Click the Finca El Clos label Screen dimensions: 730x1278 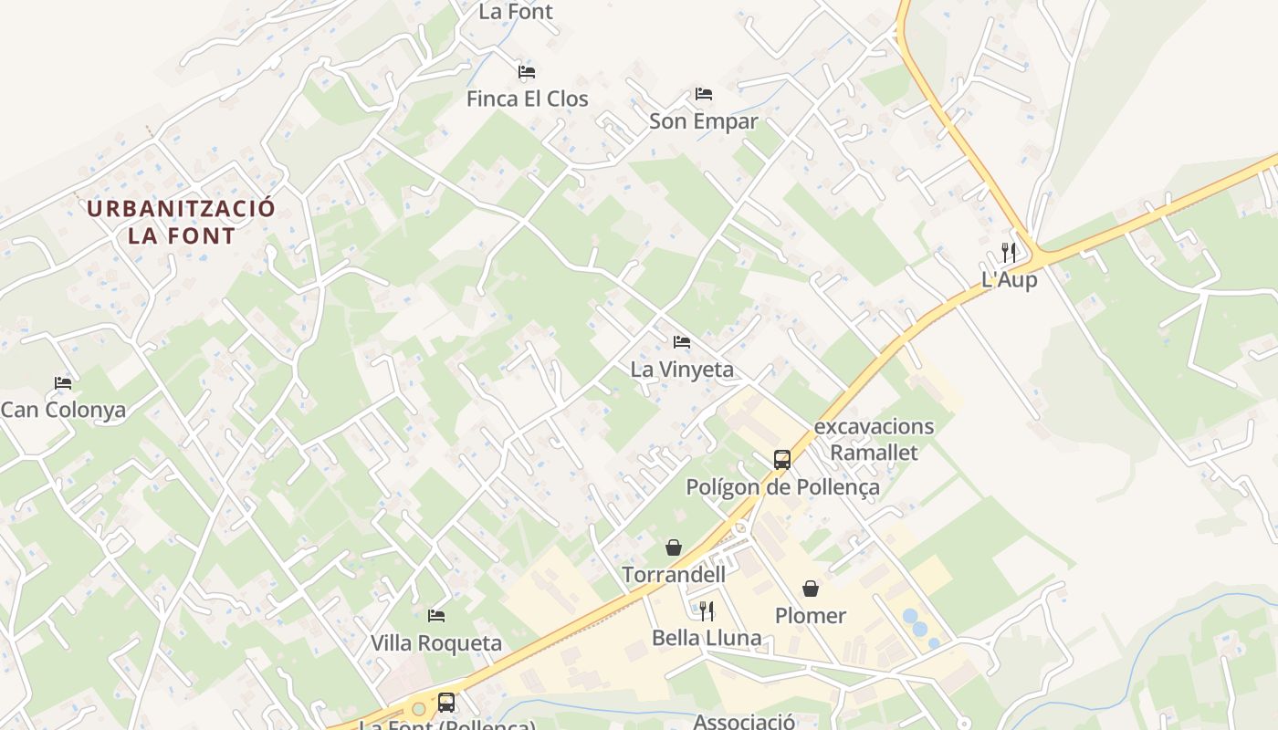(527, 99)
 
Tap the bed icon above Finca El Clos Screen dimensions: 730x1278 (527, 72)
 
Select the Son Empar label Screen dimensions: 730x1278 (703, 120)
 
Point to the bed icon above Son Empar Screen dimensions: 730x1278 (704, 94)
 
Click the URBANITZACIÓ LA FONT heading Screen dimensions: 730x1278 (181, 222)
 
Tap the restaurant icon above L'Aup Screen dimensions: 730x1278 (1009, 253)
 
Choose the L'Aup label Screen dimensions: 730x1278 (1009, 280)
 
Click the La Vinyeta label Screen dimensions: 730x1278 (682, 370)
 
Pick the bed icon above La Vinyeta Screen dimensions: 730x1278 (682, 343)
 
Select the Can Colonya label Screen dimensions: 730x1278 (63, 410)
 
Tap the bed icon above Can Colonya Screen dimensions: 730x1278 (63, 383)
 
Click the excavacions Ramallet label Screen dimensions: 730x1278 (874, 439)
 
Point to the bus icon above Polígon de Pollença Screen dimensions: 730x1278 (782, 460)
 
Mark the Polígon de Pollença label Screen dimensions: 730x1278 (782, 487)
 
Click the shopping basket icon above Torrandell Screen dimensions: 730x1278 (674, 547)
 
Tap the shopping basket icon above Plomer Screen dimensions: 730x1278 (811, 589)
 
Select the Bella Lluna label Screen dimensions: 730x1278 (707, 638)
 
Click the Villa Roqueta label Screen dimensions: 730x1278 (436, 643)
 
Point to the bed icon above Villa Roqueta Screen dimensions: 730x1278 (436, 617)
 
